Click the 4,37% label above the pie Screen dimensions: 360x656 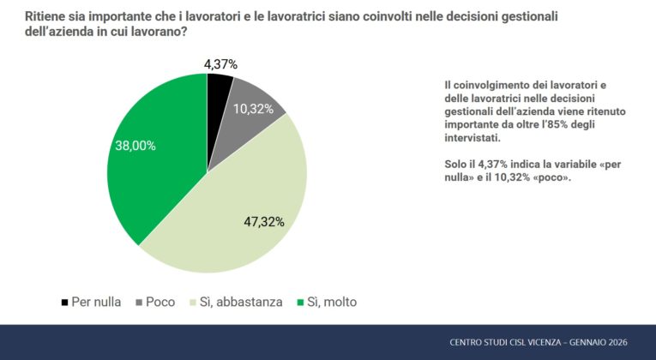(220, 64)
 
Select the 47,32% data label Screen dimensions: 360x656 (264, 220)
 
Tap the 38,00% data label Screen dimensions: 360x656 (135, 146)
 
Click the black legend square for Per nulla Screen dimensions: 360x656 (64, 302)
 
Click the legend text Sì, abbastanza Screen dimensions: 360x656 (243, 302)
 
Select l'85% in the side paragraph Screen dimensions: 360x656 (539, 123)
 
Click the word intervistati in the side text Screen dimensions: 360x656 (471, 137)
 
